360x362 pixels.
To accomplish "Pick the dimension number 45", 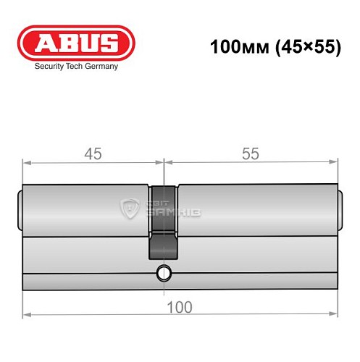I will click(x=93, y=153).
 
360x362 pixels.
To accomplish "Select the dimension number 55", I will click(x=250, y=153).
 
